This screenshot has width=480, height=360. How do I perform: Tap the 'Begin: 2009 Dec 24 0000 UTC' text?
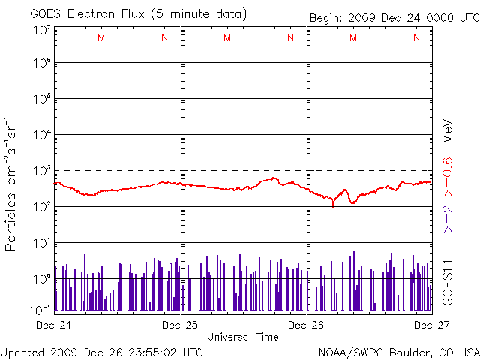pos(394,18)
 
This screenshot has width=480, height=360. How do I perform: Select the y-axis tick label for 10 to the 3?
pos(41,170)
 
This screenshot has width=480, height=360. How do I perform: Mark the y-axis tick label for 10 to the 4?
pos(41,134)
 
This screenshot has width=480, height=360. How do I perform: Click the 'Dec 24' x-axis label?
pos(54,325)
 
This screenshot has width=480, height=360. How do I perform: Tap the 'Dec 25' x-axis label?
pos(180,325)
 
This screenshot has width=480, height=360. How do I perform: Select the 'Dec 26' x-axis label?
pos(306,325)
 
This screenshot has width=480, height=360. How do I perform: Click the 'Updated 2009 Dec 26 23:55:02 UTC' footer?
pos(101,351)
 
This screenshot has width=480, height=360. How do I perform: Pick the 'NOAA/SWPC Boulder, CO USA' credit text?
pos(398,351)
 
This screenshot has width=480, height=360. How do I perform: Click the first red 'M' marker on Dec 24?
pos(101,37)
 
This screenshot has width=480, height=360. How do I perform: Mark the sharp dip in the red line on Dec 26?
pos(333,205)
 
